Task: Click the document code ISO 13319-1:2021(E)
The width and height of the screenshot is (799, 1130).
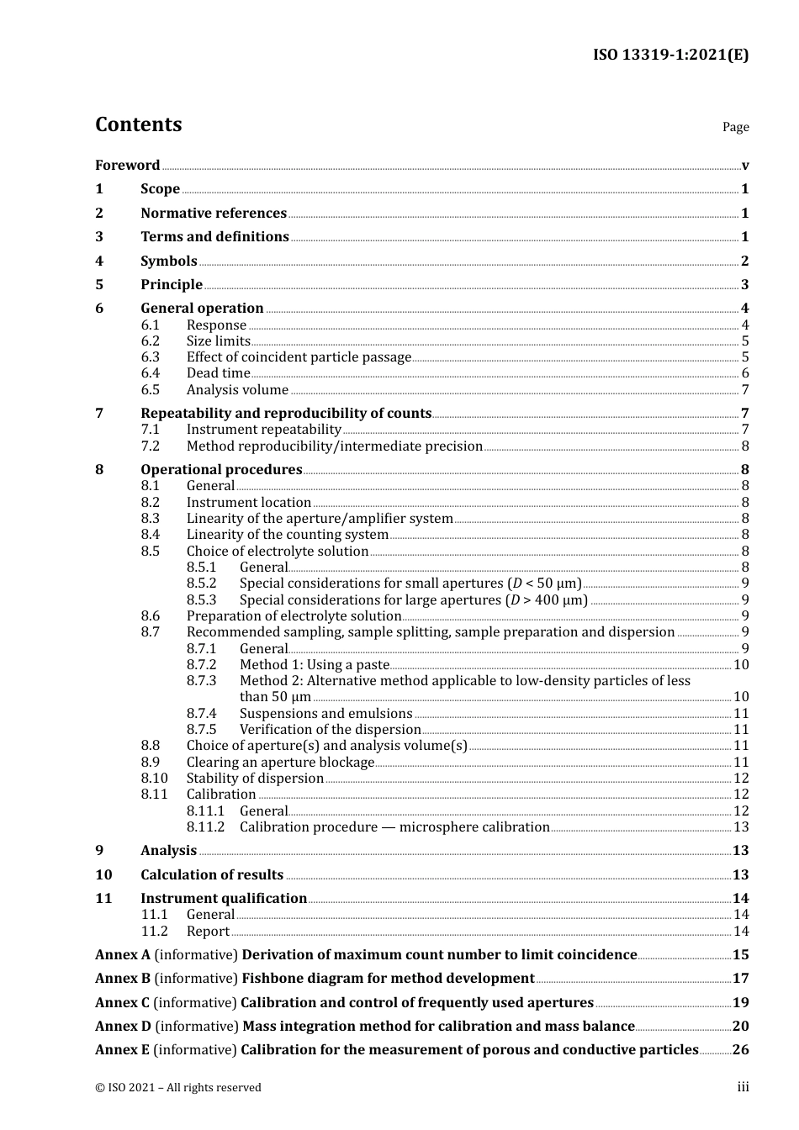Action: pos(670,55)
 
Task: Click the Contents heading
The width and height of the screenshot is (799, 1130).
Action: pos(138,124)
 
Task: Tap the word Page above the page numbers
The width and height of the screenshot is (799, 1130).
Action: pos(735,127)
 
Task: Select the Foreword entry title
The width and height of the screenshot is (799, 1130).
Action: pos(127,166)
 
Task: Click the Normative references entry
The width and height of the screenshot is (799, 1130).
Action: pos(214,214)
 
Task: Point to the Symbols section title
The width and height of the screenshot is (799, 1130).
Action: pos(168,261)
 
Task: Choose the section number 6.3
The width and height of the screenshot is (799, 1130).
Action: pos(150,357)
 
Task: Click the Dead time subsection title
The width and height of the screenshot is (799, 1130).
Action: pos(218,373)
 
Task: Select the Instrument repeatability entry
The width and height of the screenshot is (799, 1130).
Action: pos(263,430)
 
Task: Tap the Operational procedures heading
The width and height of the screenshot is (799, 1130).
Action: pos(221,470)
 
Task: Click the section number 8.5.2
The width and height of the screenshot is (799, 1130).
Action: pos(201,583)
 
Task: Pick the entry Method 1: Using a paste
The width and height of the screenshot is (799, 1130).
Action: pos(315,665)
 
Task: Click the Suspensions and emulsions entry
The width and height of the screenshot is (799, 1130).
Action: pos(325,714)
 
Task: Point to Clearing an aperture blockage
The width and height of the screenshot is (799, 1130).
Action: pos(280,763)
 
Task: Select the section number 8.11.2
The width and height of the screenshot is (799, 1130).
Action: pos(206,827)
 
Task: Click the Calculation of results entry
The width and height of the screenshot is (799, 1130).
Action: pos(212,875)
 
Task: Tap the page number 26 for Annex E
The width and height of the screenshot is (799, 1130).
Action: pos(740,1050)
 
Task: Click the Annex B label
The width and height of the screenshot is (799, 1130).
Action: pos(123,979)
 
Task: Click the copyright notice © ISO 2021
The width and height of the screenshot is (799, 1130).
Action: pos(177,1088)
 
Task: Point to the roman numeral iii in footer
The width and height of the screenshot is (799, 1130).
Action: pos(743,1087)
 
